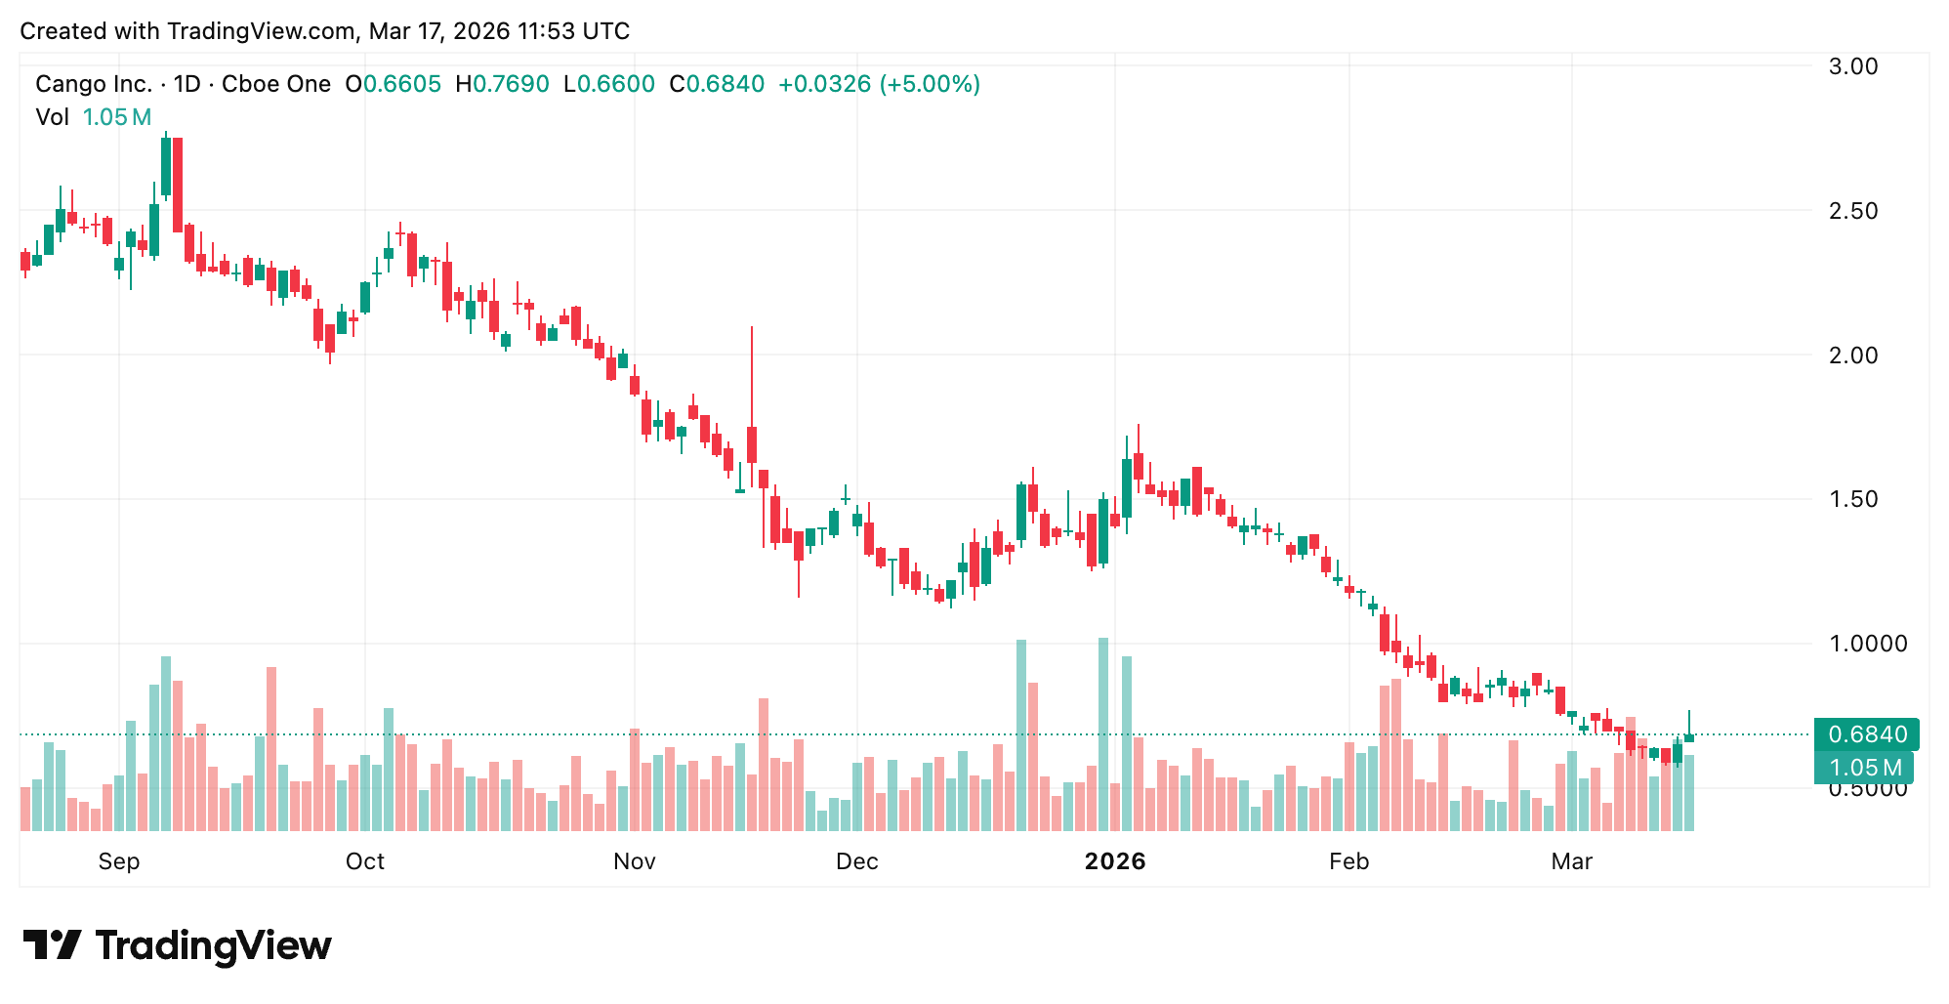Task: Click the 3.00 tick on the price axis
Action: pyautogui.click(x=1852, y=66)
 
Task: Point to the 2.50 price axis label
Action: pyautogui.click(x=1852, y=211)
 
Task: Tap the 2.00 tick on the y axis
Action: pyautogui.click(x=1852, y=356)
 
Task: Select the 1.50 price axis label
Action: pyautogui.click(x=1852, y=499)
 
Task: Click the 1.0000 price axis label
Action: pyautogui.click(x=1866, y=644)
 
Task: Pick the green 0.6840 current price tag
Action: pyautogui.click(x=1866, y=734)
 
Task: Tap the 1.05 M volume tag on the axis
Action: pyautogui.click(x=1864, y=768)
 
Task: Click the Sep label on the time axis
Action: pyautogui.click(x=119, y=861)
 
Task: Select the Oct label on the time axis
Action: pyautogui.click(x=365, y=861)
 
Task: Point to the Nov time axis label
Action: pyautogui.click(x=635, y=861)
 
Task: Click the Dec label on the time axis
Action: pyautogui.click(x=857, y=861)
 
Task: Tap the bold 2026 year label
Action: pyautogui.click(x=1115, y=861)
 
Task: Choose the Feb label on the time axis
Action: pyautogui.click(x=1349, y=861)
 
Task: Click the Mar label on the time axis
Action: pyautogui.click(x=1572, y=861)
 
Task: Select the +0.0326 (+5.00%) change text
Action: pyautogui.click(x=879, y=84)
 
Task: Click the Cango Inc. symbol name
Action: pyautogui.click(x=94, y=84)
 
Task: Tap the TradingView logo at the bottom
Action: pyautogui.click(x=178, y=945)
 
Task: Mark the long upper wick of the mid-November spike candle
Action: pyautogui.click(x=752, y=376)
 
